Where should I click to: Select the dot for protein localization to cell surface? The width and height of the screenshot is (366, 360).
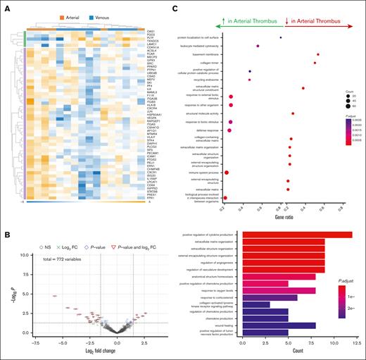[x=281, y=37]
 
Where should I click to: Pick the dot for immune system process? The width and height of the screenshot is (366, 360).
[x=227, y=173]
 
